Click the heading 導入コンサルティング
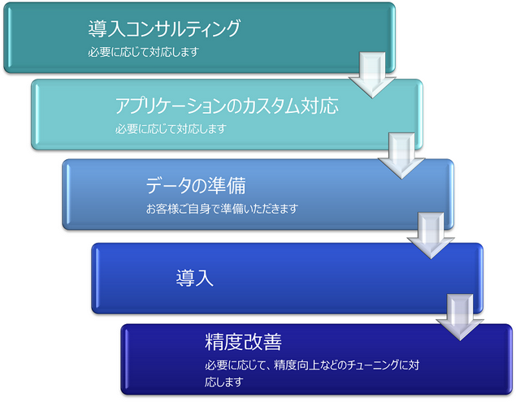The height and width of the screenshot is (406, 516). click(x=164, y=28)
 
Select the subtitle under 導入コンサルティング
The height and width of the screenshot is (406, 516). click(x=144, y=52)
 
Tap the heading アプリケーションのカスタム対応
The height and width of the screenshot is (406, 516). click(x=227, y=106)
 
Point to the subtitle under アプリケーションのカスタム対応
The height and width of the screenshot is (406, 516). click(x=171, y=129)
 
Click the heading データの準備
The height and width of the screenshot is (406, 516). click(x=196, y=185)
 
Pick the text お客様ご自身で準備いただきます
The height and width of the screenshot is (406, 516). click(x=222, y=209)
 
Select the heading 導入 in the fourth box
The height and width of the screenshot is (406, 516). click(x=194, y=278)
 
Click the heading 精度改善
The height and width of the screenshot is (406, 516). click(x=243, y=342)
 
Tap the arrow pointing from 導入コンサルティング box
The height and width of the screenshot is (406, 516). click(x=372, y=75)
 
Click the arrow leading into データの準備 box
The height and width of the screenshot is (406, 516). click(x=401, y=156)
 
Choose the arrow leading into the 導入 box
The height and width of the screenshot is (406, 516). click(x=431, y=235)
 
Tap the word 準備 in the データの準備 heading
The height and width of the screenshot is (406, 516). click(x=227, y=185)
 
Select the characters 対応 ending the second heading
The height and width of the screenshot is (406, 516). click(x=319, y=106)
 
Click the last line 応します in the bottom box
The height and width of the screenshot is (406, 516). click(x=224, y=382)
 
